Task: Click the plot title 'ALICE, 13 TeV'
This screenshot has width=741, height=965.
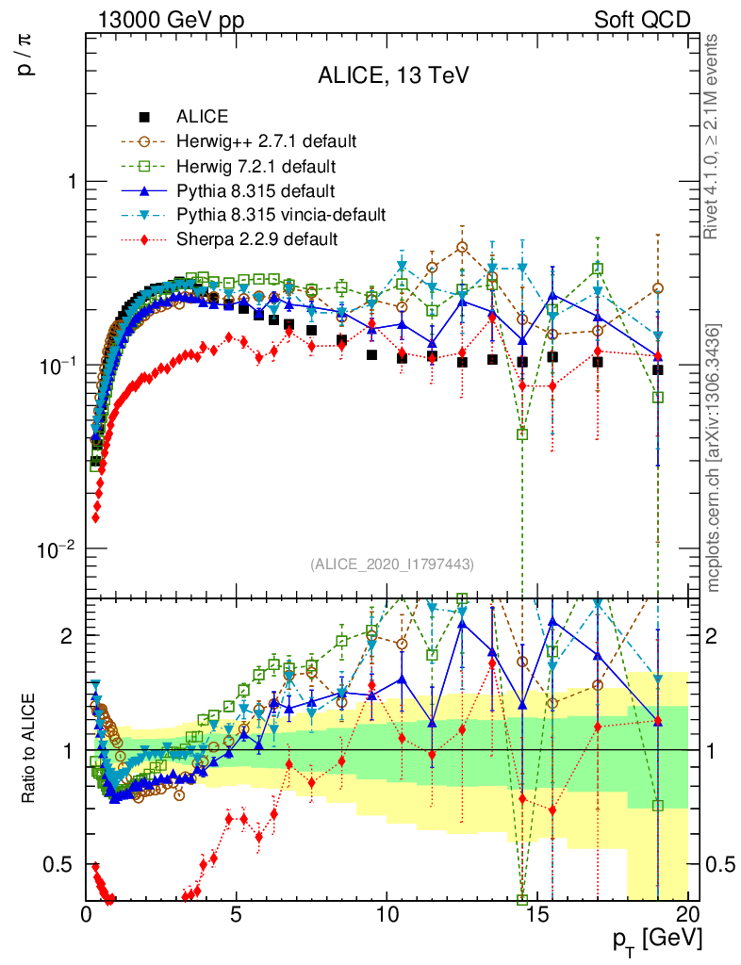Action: (x=391, y=75)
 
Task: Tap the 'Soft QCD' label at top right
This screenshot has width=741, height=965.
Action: (x=642, y=20)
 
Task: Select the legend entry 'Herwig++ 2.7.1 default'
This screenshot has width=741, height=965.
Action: (x=266, y=141)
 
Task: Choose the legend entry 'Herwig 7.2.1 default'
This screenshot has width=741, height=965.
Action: (x=256, y=166)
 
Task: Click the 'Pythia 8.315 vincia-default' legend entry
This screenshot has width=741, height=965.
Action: (x=281, y=215)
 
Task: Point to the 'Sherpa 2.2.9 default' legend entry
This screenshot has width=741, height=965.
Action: (x=256, y=239)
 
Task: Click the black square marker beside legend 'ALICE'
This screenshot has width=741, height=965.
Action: (x=144, y=118)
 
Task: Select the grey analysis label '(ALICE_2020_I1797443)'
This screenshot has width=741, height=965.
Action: (x=391, y=564)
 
